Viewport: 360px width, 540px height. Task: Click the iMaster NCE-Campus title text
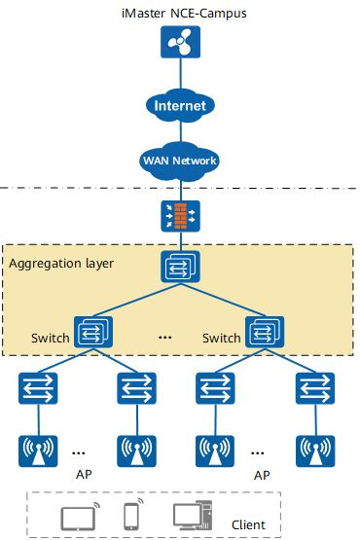179,13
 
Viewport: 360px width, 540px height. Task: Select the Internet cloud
179,104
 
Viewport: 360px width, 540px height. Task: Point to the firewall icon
179,213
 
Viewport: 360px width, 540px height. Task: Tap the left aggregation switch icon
96,331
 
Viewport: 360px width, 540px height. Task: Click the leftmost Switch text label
50,339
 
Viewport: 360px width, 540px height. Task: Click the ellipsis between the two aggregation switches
164,338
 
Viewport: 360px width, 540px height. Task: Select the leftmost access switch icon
38,388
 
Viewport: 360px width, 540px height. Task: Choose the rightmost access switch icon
317,388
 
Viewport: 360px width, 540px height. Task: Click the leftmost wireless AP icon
38,449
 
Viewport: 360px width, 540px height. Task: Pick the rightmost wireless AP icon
317,449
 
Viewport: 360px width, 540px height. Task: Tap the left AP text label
83,477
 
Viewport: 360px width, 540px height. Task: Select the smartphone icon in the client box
131,515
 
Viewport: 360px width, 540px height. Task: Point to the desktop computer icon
193,516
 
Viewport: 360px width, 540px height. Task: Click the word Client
248,525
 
